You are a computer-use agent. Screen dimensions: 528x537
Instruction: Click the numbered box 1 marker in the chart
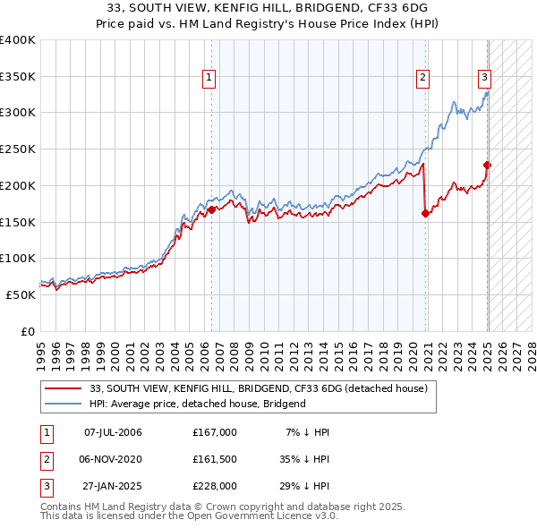[x=209, y=78]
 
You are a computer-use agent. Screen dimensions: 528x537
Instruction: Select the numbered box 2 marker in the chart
[x=422, y=78]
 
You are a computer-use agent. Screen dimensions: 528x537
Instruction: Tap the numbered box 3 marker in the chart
[x=483, y=78]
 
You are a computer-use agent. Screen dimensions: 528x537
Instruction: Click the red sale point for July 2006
[x=212, y=209]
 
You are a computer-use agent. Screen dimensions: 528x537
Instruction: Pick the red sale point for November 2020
[x=425, y=213]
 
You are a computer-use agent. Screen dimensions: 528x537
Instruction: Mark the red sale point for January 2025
[x=488, y=165]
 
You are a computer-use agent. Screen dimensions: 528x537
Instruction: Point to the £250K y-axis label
[x=18, y=149]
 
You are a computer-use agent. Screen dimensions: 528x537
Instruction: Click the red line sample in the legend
[x=64, y=389]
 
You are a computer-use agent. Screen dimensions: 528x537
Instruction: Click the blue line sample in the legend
[x=64, y=404]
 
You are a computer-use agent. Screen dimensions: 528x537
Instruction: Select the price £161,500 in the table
[x=214, y=459]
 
